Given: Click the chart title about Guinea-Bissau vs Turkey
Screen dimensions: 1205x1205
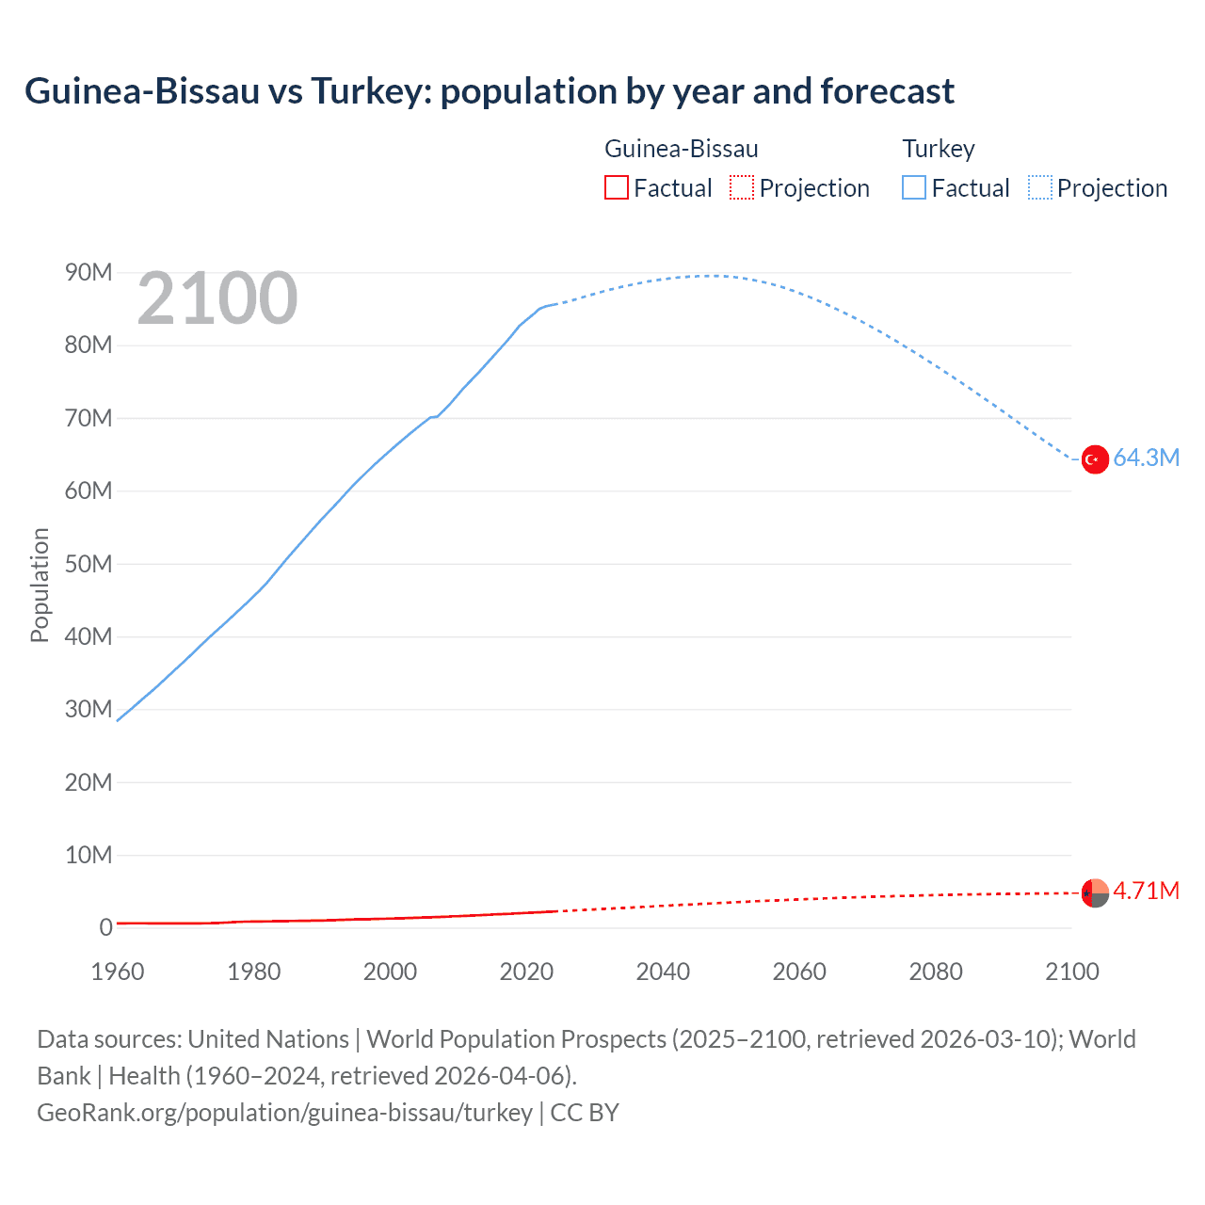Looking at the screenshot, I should click(489, 91).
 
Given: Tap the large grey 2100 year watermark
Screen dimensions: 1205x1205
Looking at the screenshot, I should click(217, 299).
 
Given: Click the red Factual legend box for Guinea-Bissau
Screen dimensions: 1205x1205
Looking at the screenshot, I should click(617, 188).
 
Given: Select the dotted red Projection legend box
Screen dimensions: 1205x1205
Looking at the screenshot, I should click(742, 188).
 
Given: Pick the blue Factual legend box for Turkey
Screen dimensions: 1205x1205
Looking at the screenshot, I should click(914, 188).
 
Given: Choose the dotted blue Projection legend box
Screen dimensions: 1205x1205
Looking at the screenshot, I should click(1040, 188).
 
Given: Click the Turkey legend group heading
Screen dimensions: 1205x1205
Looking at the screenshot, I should click(939, 149).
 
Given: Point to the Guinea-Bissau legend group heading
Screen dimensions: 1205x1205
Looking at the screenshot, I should click(681, 149).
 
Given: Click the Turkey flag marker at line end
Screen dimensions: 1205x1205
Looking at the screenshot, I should click(1095, 459).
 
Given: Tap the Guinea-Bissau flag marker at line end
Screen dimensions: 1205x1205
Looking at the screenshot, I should click(1095, 892).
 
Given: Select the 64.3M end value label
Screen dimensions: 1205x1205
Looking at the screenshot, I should click(1146, 458).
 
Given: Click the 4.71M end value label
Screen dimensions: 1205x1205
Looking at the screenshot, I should click(1146, 892).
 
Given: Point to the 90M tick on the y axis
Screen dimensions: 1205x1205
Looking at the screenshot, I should click(88, 273).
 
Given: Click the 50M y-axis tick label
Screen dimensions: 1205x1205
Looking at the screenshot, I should click(88, 564).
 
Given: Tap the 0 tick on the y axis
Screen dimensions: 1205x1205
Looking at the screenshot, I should click(105, 928).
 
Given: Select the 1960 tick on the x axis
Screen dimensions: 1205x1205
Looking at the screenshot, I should click(118, 972).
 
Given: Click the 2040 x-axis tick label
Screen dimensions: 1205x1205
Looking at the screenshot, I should click(663, 972).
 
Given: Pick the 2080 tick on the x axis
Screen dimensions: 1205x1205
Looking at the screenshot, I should click(936, 972).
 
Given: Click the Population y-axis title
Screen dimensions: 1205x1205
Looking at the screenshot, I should click(40, 585).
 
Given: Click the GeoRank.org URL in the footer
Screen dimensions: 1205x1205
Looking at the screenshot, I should click(284, 1113).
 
